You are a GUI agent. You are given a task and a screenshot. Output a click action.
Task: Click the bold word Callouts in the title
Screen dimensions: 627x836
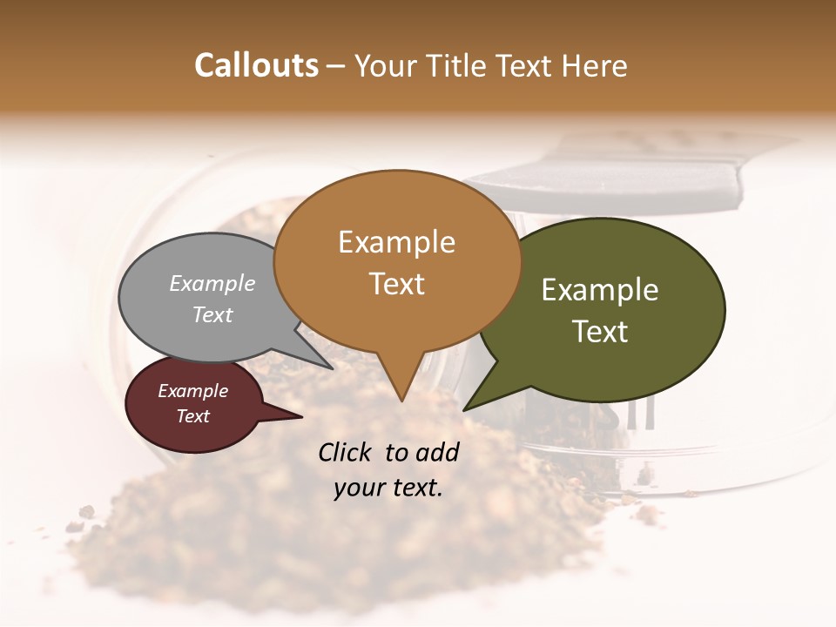[x=256, y=65]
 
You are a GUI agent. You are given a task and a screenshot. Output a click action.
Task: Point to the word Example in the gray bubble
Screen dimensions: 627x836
[x=212, y=283]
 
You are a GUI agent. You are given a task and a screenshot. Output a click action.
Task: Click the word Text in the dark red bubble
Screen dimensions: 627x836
[x=193, y=416]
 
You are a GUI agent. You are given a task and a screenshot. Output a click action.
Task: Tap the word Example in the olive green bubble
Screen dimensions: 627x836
[x=600, y=289]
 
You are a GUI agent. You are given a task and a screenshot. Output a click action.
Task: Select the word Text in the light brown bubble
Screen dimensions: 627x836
[x=397, y=284]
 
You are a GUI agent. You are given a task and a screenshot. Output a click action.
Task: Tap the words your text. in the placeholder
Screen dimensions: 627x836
[x=388, y=488]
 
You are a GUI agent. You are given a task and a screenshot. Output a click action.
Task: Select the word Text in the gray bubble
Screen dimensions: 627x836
[x=212, y=314]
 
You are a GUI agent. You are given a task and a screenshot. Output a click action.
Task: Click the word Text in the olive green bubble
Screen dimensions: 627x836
[x=600, y=332]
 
